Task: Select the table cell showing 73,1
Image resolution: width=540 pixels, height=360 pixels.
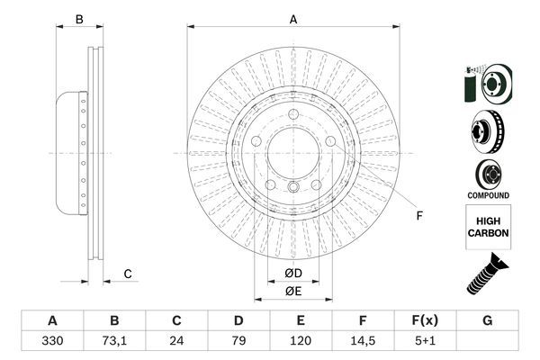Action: tap(114, 343)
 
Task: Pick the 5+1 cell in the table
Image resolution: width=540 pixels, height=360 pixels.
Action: tap(426, 343)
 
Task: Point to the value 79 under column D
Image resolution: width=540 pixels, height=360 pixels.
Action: tap(238, 343)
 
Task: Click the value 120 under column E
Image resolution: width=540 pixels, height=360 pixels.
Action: tap(301, 343)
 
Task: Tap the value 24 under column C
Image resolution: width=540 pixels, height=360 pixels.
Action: tap(176, 343)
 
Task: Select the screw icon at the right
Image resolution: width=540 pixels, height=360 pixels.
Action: tap(487, 274)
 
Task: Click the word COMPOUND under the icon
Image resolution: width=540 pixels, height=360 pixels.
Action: tap(488, 195)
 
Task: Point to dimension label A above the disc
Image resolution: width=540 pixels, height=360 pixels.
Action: tap(293, 19)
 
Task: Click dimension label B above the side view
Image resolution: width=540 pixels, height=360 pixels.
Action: tap(78, 19)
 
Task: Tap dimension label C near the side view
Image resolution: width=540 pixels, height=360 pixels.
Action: tap(128, 274)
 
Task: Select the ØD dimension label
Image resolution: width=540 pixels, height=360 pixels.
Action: tap(293, 273)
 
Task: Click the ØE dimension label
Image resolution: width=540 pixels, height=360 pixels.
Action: tap(293, 290)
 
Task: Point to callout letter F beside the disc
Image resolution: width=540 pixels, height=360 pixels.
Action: tap(418, 214)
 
